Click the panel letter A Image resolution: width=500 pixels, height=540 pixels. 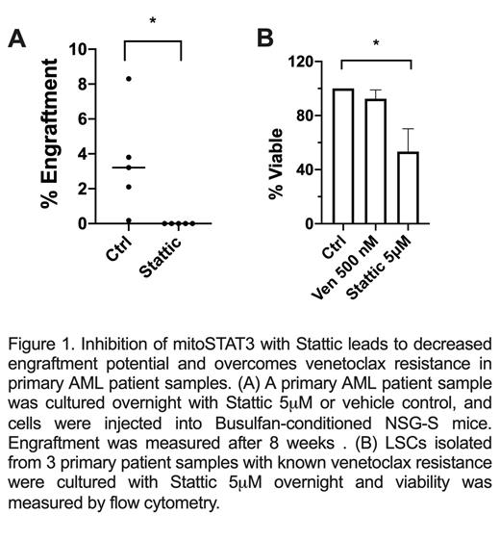[17, 39]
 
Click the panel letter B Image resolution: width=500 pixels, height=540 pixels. [264, 39]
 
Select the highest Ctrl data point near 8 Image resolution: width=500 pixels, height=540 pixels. [129, 78]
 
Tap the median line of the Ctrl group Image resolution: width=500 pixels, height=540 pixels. [129, 167]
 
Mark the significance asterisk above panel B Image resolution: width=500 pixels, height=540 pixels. [376, 44]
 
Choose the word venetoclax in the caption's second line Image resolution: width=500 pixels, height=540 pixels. [346, 363]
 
